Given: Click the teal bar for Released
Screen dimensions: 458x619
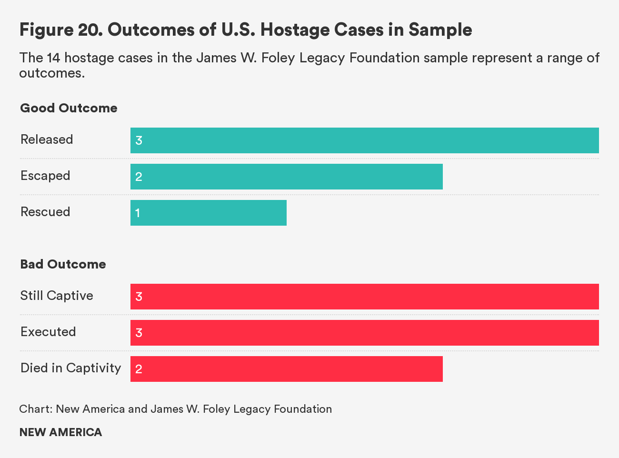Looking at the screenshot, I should pos(364,140).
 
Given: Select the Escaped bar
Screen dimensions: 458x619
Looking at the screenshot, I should pos(286,177).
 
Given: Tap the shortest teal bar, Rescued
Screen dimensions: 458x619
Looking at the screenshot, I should pos(208,213).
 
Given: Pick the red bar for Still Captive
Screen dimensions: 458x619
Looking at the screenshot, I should pos(364,297).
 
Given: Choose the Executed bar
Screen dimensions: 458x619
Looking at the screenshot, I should pos(364,333).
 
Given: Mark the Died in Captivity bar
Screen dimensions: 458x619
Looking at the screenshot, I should pos(286,369).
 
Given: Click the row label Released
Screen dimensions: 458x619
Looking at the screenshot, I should pos(47,139).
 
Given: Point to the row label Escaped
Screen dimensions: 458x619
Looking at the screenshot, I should pos(45,176).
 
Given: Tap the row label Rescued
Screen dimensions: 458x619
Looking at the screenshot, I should pos(45,212).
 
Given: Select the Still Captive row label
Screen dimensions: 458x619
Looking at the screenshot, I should pos(57,296).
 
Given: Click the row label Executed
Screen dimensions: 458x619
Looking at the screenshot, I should pos(48,332).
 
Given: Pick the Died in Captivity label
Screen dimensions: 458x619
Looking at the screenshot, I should pos(70,368).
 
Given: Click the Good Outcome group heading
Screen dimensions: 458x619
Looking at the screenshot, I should pos(69,108).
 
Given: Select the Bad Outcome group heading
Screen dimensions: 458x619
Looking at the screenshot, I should pos(63,264).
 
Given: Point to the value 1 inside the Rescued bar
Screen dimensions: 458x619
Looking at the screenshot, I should pos(138,213).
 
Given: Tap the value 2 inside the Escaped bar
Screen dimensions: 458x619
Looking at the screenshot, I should pos(139,177).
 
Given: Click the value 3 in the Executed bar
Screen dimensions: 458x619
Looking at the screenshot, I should pos(139,333).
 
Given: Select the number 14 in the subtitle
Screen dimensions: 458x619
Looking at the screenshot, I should pos(53,58).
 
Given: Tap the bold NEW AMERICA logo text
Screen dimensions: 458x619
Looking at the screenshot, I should pos(60,432).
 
